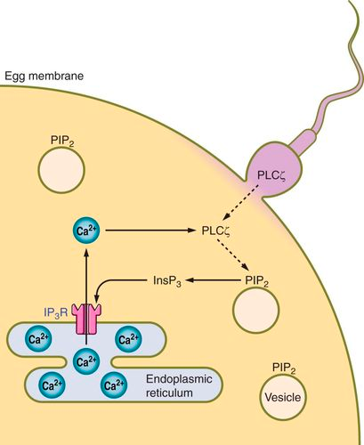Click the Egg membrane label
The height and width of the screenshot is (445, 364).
(x=44, y=77)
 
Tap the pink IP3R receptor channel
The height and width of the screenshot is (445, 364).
(x=88, y=320)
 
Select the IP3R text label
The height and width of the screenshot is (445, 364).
(x=56, y=313)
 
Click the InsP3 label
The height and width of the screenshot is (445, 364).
(x=167, y=280)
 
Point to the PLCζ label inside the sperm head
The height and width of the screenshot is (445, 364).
(x=271, y=175)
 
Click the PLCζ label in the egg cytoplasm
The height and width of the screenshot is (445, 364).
(x=216, y=231)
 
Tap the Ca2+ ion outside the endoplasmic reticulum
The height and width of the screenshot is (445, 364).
(x=86, y=231)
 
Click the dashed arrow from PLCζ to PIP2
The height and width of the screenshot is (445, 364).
(x=233, y=254)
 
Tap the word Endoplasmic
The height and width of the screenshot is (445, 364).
(x=179, y=379)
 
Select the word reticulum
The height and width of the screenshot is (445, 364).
(x=169, y=393)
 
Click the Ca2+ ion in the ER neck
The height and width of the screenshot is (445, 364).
(x=86, y=362)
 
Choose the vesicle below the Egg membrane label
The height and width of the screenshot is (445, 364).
(x=61, y=170)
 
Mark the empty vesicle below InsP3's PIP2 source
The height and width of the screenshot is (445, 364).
(x=256, y=310)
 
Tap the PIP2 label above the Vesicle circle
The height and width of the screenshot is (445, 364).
(x=284, y=368)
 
